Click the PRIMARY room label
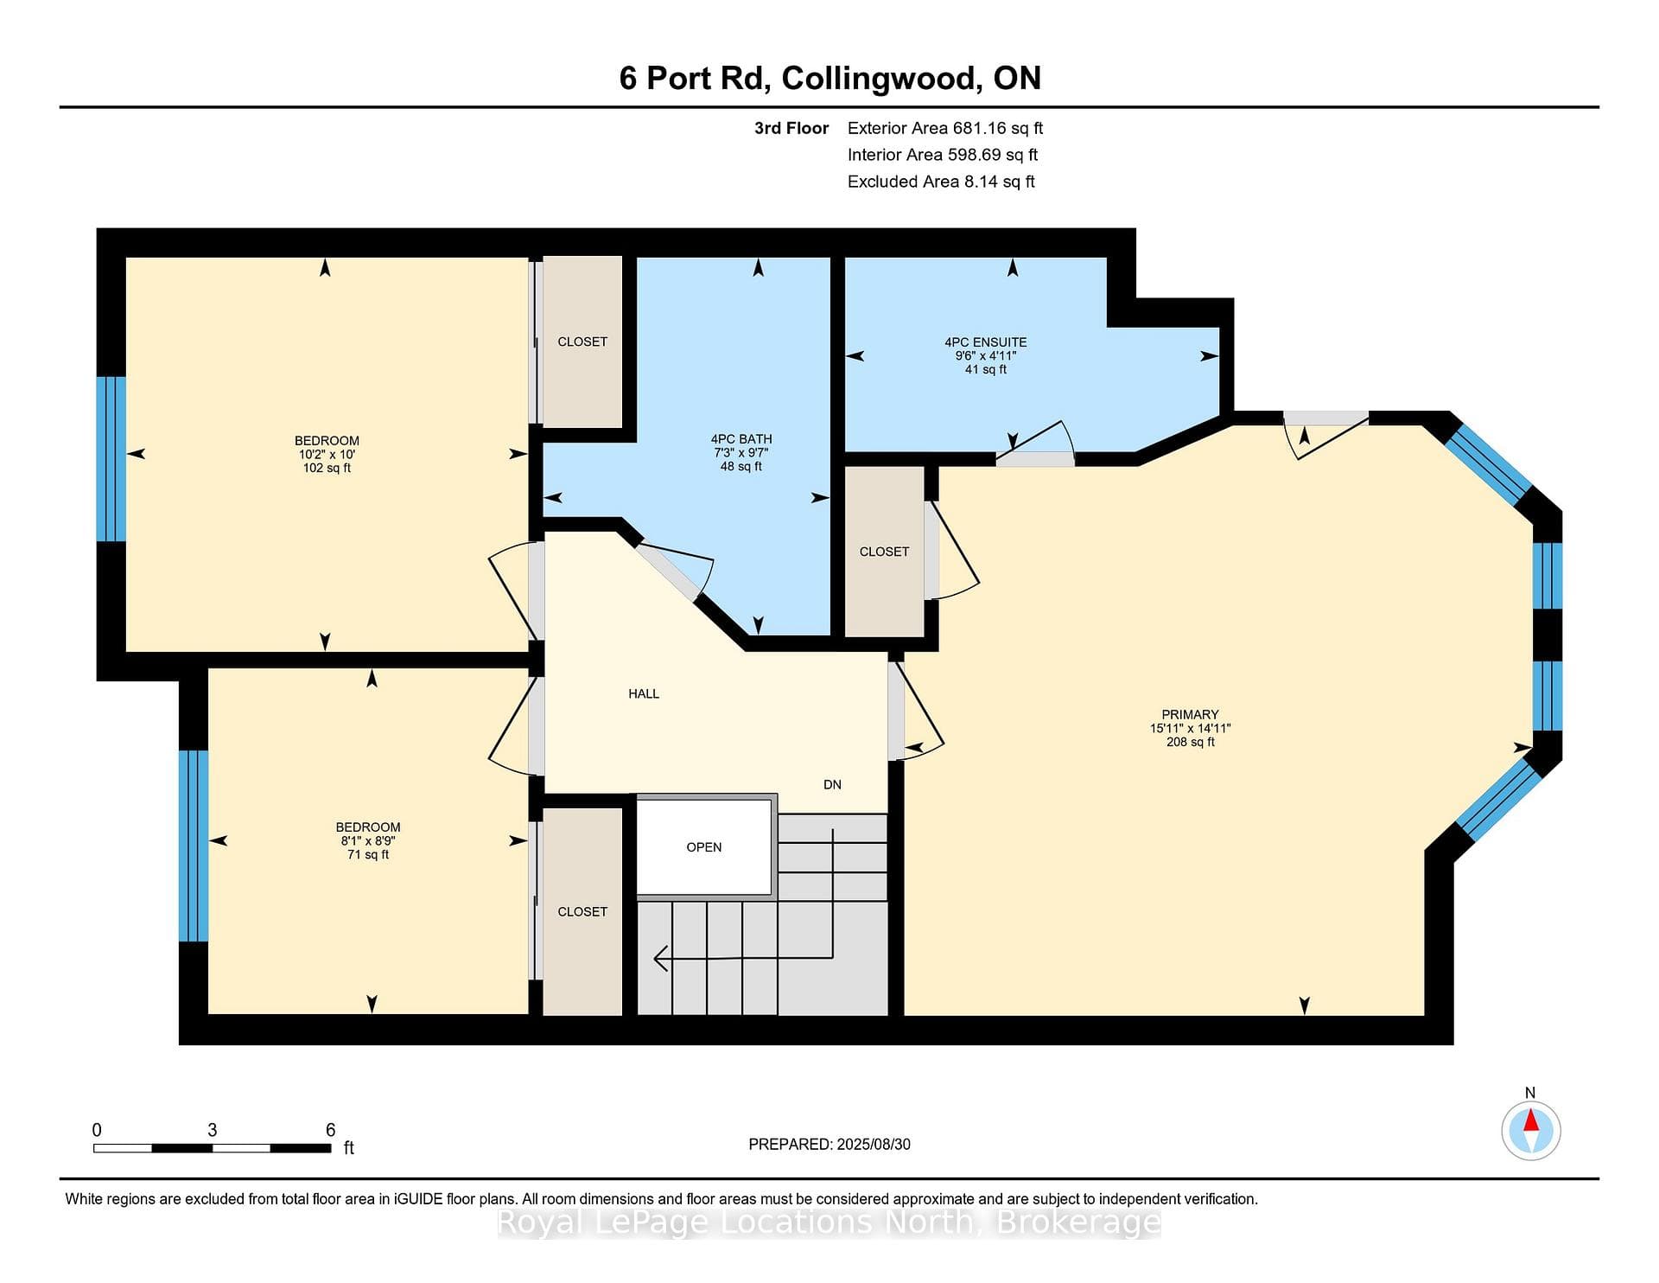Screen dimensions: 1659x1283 click(1190, 714)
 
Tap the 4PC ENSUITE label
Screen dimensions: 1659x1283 click(985, 342)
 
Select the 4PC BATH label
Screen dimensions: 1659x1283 click(741, 439)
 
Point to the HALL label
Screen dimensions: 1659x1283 click(644, 693)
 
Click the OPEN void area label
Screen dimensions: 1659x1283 click(704, 847)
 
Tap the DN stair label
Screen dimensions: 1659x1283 click(832, 785)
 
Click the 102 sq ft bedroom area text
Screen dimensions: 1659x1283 click(327, 468)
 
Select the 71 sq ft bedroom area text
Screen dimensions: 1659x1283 click(368, 854)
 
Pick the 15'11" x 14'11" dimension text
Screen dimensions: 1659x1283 click(1190, 728)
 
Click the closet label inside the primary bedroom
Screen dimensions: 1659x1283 click(884, 552)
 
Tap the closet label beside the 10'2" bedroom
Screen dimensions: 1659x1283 click(582, 341)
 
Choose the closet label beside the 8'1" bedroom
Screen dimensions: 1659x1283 click(582, 911)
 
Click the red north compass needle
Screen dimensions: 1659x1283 click(1531, 1120)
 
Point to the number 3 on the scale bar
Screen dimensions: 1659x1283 click(213, 1130)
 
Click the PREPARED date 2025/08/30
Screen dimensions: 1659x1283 click(874, 1144)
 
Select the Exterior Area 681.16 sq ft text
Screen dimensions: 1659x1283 click(945, 128)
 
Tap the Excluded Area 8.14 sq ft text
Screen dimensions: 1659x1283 click(941, 182)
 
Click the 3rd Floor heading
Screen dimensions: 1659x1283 click(791, 128)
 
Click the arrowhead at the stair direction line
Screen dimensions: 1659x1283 click(662, 959)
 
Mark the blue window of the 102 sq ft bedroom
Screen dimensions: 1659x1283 click(111, 459)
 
